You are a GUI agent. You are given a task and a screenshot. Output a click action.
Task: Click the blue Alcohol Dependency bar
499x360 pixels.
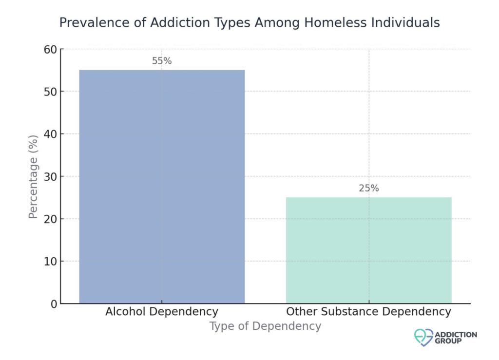click(x=162, y=187)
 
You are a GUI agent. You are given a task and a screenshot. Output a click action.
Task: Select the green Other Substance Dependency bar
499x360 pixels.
click(x=368, y=250)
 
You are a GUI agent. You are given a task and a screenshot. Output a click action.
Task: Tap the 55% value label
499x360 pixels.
click(x=162, y=61)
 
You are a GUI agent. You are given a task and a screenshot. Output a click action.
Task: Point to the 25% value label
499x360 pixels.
click(x=368, y=189)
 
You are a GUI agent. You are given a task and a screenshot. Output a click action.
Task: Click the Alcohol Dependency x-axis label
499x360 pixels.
click(x=162, y=312)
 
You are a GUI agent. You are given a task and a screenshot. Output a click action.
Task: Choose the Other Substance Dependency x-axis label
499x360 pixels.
click(x=368, y=312)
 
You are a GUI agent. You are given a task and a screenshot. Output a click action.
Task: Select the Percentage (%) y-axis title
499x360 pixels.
click(x=33, y=176)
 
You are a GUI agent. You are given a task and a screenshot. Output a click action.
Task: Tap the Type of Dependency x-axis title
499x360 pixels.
click(x=265, y=326)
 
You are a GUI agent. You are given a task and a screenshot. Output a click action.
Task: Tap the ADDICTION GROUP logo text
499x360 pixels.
click(x=456, y=338)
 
